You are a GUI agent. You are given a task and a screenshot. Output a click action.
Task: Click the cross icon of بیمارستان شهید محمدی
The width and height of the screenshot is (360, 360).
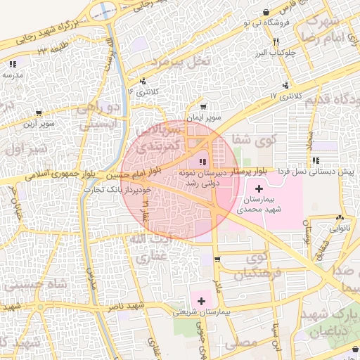click(259, 188)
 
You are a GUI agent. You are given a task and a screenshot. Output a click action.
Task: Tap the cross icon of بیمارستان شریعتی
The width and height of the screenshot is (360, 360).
click(202, 301)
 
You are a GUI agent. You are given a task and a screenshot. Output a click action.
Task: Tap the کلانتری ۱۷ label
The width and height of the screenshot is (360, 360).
click(285, 95)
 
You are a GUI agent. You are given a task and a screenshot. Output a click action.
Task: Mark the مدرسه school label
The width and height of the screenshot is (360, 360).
click(14, 74)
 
